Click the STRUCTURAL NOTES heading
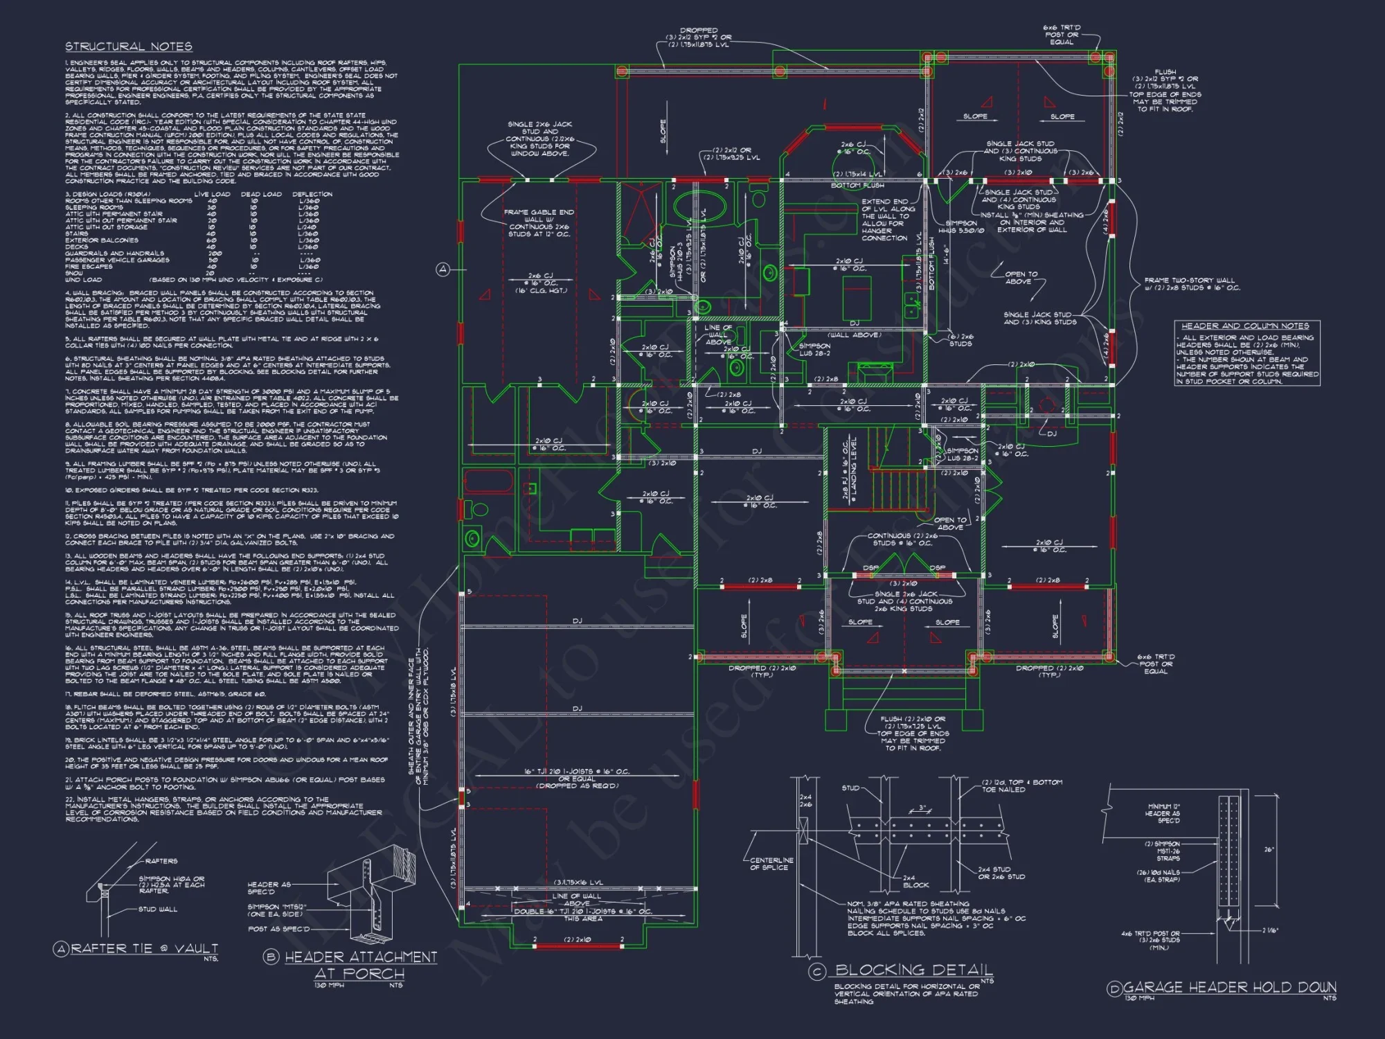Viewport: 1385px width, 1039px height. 129,46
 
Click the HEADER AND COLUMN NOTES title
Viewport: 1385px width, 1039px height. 1245,326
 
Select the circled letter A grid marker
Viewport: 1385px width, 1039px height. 443,269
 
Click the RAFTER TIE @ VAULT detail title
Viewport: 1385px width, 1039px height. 145,948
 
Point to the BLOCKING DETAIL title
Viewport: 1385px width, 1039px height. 913,970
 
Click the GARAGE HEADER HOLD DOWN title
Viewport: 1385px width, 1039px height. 1229,987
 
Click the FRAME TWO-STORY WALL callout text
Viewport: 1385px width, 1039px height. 1191,284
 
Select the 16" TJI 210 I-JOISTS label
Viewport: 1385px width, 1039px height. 577,771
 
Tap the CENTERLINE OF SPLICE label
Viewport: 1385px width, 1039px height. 771,863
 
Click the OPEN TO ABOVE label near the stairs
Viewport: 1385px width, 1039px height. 950,523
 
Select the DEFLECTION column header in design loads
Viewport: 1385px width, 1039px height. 312,194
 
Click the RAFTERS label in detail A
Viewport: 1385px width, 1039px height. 161,861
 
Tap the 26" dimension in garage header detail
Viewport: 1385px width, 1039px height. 1269,849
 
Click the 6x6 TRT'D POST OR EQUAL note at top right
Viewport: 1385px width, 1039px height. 1061,35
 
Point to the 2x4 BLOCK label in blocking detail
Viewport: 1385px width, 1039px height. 915,881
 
